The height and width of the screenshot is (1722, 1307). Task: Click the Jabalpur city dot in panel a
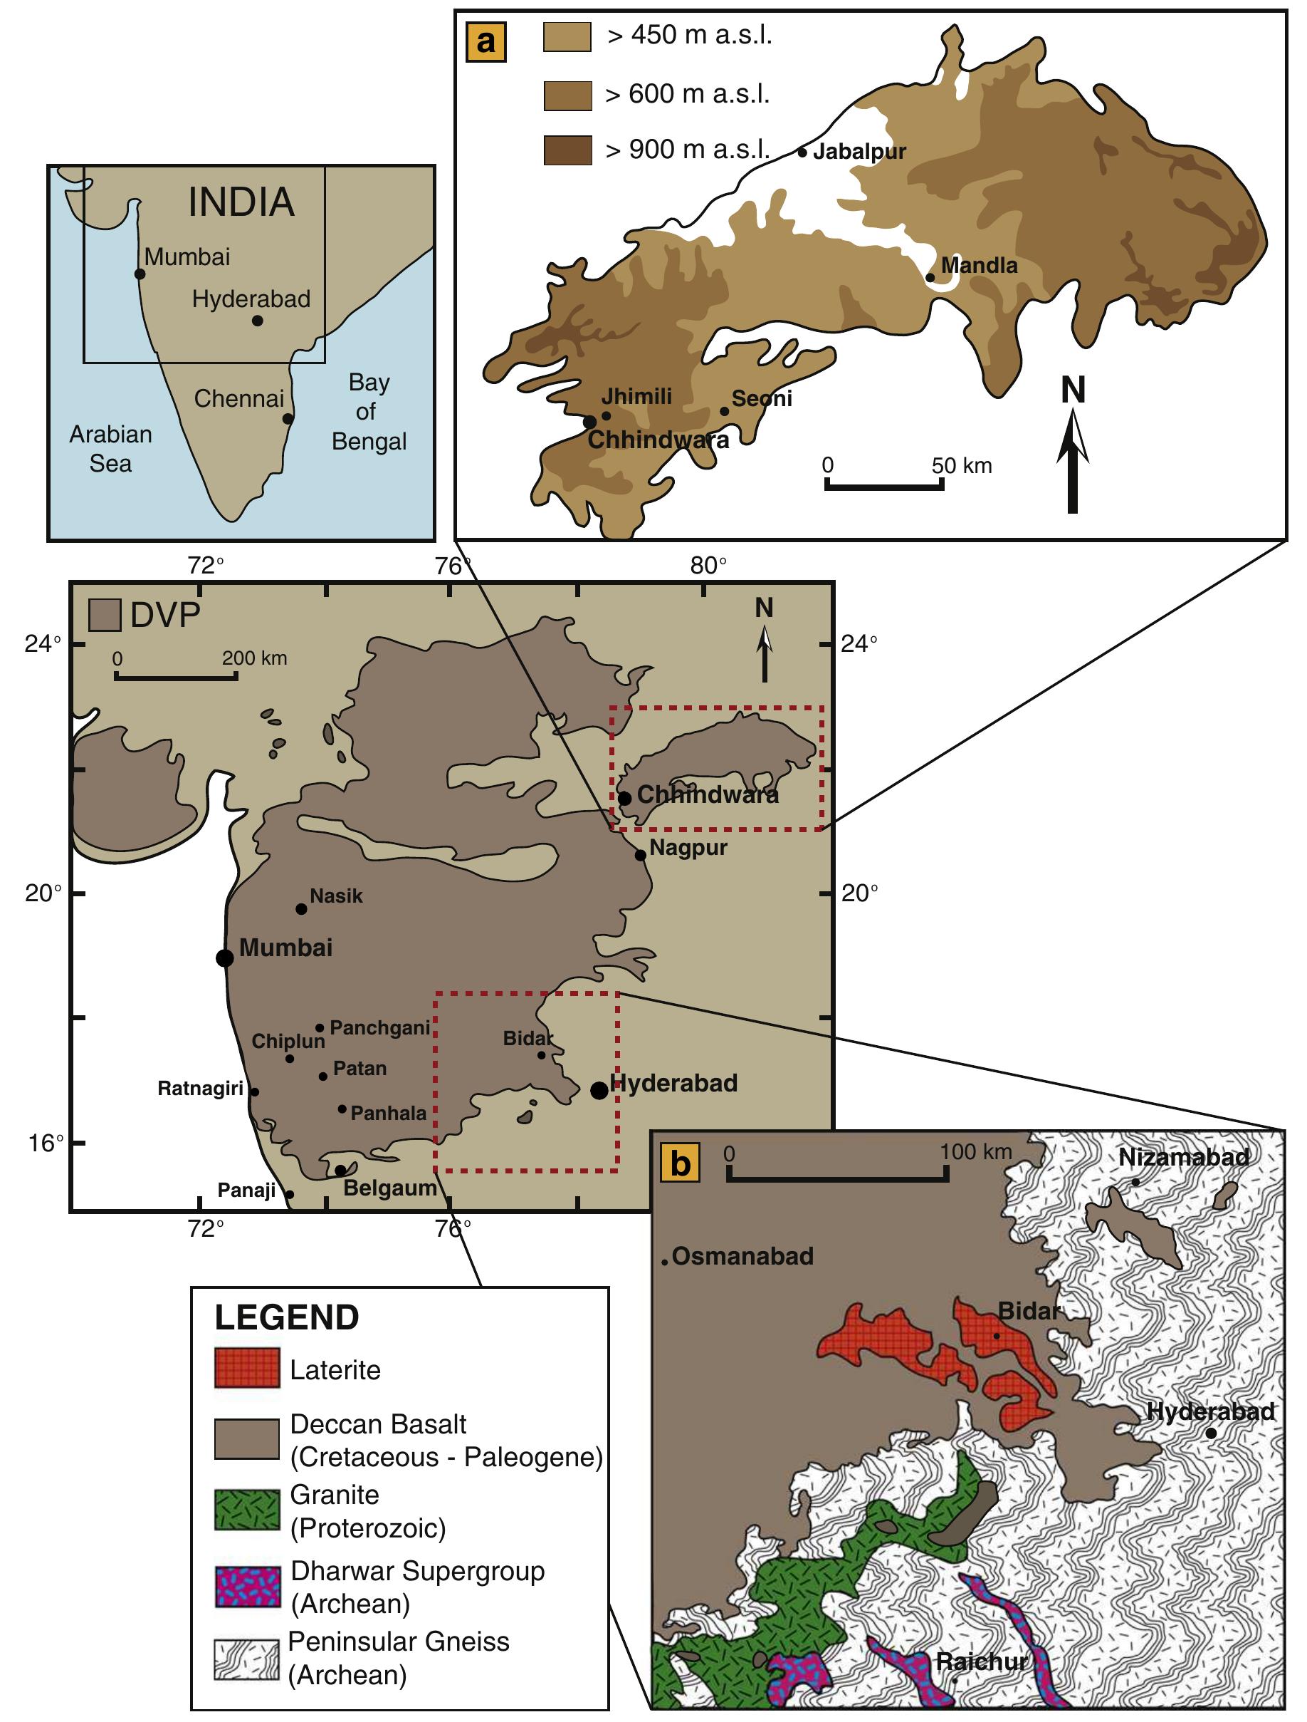coord(802,152)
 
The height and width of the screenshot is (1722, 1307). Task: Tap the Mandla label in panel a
coord(980,266)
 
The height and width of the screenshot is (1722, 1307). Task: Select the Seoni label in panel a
coord(762,398)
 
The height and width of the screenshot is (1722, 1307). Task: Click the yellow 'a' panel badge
coord(486,41)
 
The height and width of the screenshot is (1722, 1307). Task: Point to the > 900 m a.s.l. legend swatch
coord(568,150)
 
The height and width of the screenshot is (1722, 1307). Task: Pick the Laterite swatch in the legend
coord(246,1369)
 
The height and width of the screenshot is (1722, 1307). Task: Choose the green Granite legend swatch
coord(246,1510)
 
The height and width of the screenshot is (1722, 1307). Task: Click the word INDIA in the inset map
coord(241,202)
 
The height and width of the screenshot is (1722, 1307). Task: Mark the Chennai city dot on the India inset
coord(288,419)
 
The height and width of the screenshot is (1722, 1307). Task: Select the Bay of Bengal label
coord(369,412)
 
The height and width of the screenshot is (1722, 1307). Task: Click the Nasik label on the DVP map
coord(336,896)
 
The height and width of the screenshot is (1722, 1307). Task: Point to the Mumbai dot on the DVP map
coord(225,958)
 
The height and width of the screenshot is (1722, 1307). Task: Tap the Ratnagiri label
coord(201,1089)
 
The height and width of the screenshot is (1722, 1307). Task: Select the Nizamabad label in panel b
coord(1183,1158)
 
